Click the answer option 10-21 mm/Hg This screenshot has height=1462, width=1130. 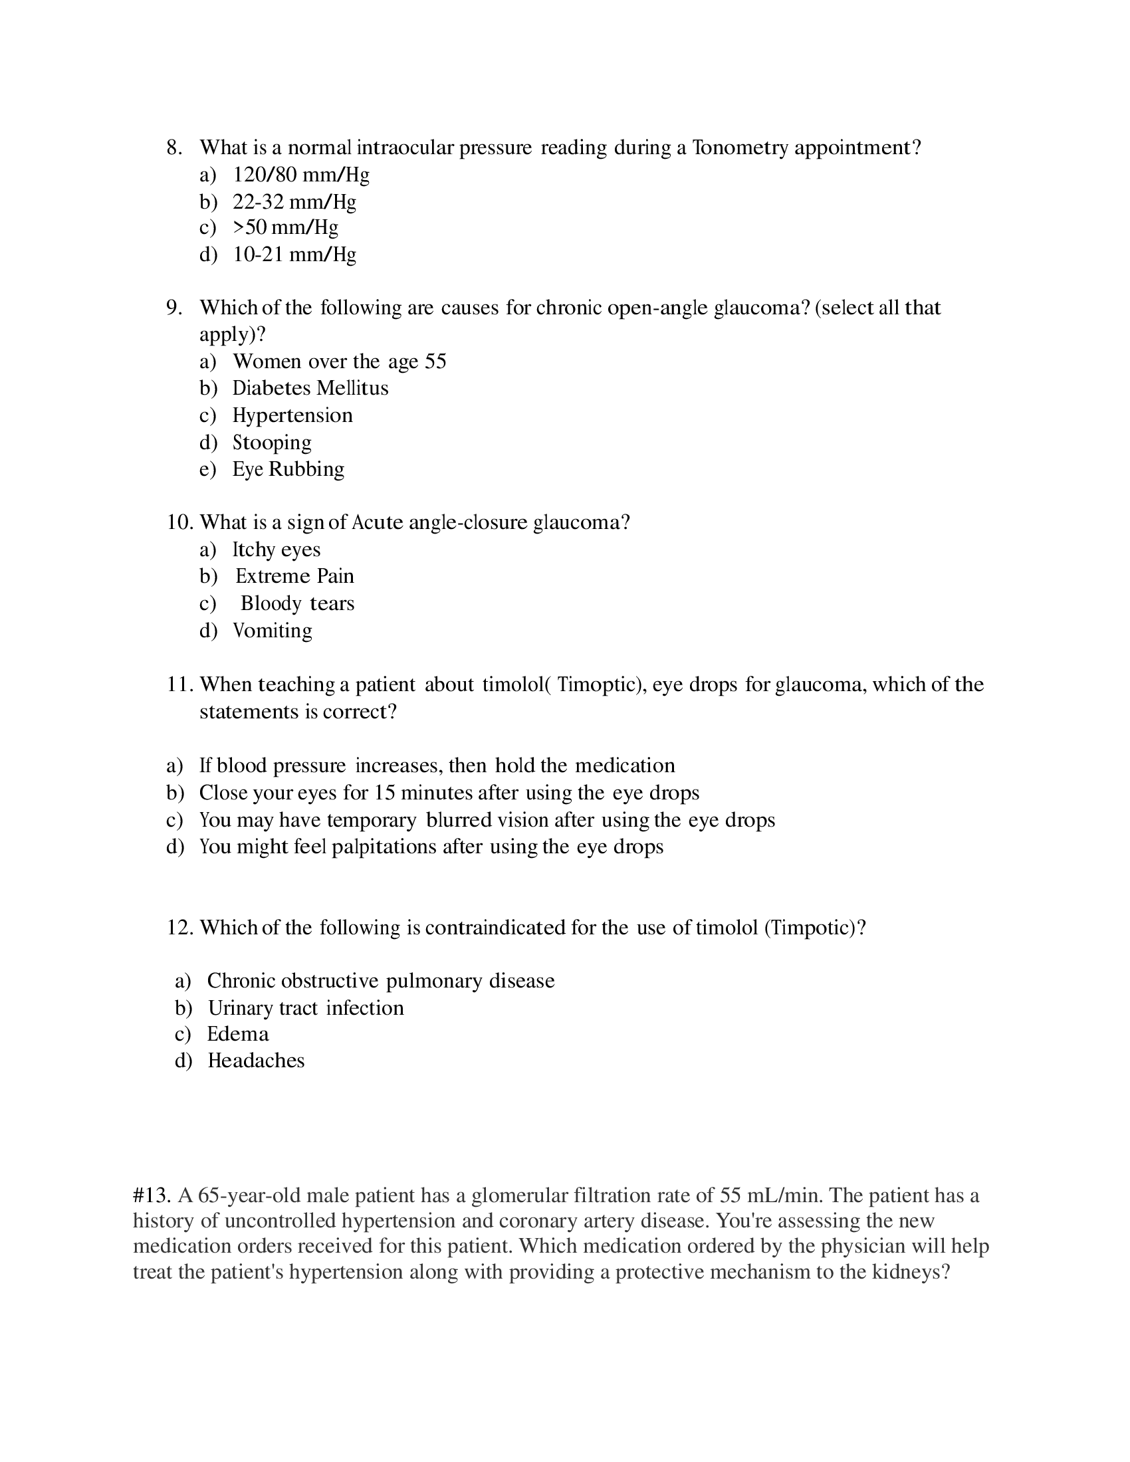click(x=294, y=255)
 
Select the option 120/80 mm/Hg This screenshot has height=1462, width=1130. click(x=300, y=175)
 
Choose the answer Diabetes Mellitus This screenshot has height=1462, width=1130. click(x=310, y=388)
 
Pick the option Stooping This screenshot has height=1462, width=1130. click(x=272, y=443)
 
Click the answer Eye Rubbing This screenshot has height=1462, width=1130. click(x=288, y=469)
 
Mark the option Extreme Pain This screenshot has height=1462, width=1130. click(x=294, y=576)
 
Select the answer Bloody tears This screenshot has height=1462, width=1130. click(x=297, y=604)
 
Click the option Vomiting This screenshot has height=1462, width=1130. click(x=272, y=631)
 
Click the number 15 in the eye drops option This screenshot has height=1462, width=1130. click(x=385, y=793)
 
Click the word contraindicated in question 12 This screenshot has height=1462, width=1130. click(x=495, y=928)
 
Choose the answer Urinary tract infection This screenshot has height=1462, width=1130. click(x=306, y=1008)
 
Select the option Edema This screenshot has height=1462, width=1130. click(x=238, y=1034)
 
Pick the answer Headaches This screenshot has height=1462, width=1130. click(x=256, y=1061)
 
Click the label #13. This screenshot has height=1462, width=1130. click(x=153, y=1195)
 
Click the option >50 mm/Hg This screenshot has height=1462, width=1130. click(x=285, y=227)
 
